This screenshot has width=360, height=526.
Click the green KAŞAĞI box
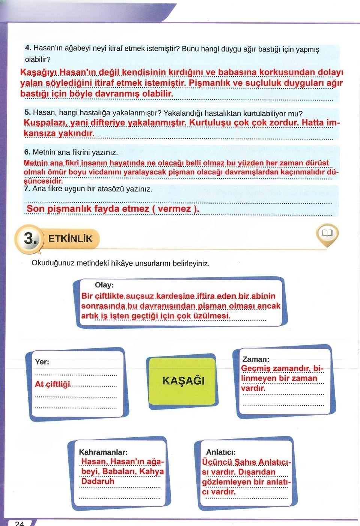183,381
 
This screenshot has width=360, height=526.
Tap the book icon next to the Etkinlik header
327,233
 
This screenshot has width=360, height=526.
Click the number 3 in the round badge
29,239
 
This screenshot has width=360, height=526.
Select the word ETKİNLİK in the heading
70,239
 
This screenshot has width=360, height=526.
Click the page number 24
20,523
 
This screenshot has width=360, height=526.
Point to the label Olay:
104,285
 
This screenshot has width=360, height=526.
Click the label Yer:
42,362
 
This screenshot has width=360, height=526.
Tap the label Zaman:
256,359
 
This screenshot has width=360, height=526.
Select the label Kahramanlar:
103,452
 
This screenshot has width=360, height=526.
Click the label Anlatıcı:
221,452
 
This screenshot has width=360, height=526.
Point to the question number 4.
28,48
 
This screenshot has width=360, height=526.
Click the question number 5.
27,112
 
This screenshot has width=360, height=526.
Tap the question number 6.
27,152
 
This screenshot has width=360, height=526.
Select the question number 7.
27,189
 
